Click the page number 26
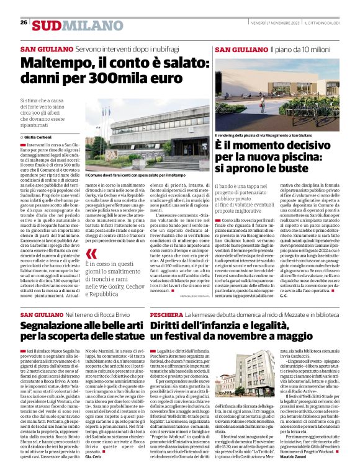[24, 22]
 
